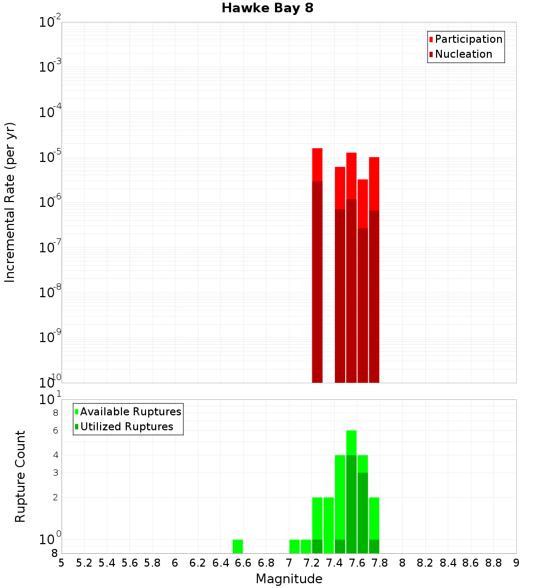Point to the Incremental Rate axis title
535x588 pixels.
click(x=10, y=202)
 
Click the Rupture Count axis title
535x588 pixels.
click(x=20, y=476)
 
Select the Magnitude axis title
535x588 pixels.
click(x=289, y=579)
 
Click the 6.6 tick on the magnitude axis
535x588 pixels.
click(x=243, y=563)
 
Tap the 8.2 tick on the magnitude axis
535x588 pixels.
click(x=425, y=563)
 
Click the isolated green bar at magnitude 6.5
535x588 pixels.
click(x=238, y=546)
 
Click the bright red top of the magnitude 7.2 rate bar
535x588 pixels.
click(x=317, y=165)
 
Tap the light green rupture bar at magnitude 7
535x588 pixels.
click(x=294, y=546)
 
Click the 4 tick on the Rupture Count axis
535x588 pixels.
click(x=55, y=455)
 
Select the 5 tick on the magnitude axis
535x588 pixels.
click(x=62, y=563)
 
